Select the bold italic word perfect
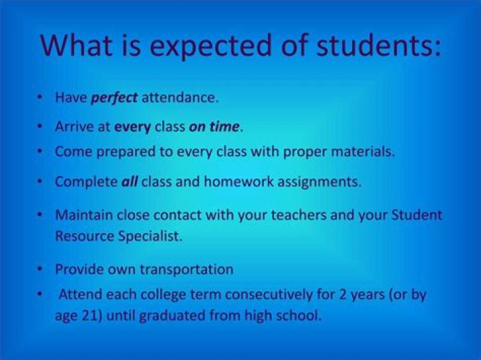[114, 98]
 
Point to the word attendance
[180, 98]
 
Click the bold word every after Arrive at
[132, 126]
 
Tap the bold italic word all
[130, 182]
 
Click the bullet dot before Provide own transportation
[41, 270]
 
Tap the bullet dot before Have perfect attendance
[41, 98]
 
